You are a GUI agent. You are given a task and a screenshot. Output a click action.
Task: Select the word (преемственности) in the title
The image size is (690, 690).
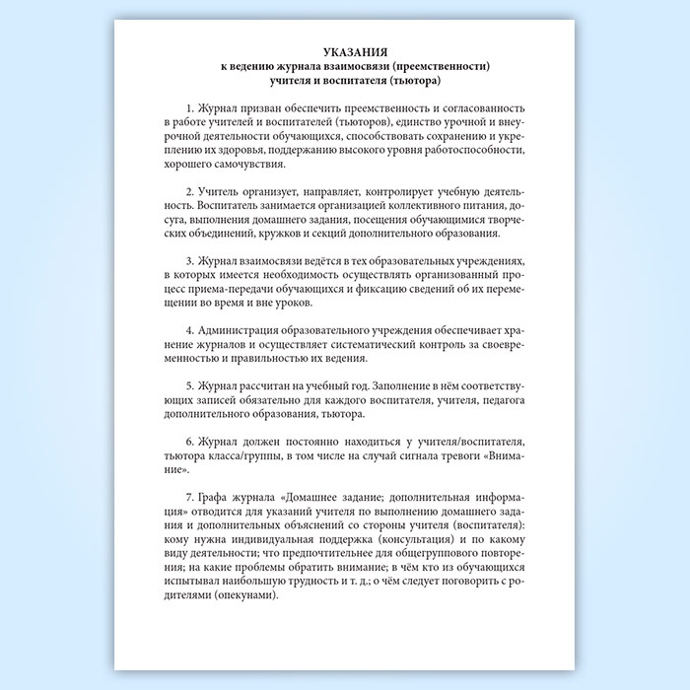441,65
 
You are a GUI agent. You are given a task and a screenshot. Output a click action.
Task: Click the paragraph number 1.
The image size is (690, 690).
187,106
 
